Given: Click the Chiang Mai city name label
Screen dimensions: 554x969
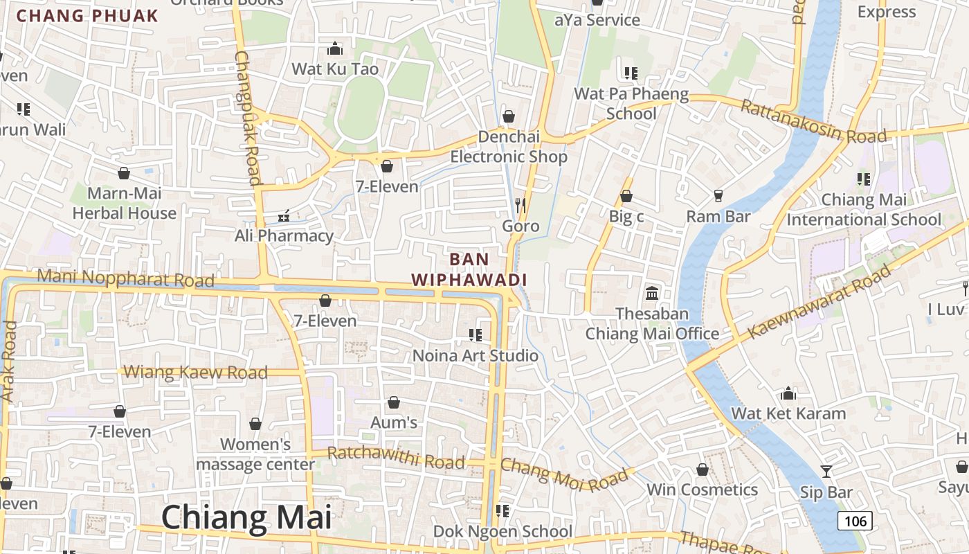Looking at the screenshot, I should (x=246, y=518).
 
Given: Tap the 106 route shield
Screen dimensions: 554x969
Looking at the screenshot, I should (x=855, y=521).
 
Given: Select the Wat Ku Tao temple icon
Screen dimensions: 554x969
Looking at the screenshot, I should (x=335, y=48).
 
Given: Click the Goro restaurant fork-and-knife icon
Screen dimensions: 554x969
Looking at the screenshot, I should (x=520, y=206).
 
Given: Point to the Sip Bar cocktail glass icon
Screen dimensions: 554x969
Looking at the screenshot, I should (x=826, y=472).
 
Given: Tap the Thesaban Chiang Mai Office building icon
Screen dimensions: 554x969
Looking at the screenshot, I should (x=652, y=293).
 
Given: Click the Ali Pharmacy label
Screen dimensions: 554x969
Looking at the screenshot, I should (x=284, y=235).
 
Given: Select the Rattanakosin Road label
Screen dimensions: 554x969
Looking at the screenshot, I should (x=813, y=122).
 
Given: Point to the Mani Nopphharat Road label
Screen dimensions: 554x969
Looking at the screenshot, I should (x=125, y=278).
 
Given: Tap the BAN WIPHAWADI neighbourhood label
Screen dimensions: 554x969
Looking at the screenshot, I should (x=469, y=269).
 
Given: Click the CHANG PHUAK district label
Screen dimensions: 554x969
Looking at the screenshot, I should (x=87, y=15).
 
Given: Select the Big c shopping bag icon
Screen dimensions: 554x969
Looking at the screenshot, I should (x=626, y=197).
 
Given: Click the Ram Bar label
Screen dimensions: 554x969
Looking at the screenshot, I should (x=718, y=217).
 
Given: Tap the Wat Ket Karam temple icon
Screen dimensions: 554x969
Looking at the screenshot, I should (x=788, y=394).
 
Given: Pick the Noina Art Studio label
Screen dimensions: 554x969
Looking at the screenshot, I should (x=475, y=356).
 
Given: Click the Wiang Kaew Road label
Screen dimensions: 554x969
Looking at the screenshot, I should (x=195, y=373).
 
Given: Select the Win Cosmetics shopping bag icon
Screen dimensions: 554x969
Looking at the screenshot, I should (x=703, y=470).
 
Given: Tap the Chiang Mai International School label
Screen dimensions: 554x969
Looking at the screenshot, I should (x=864, y=210).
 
